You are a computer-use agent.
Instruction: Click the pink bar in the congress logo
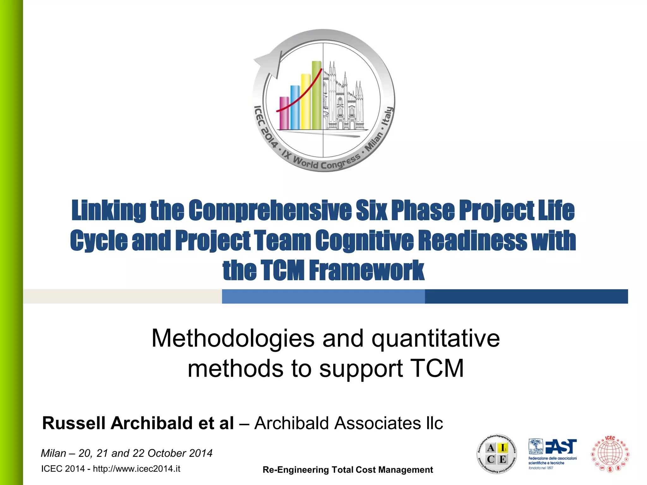284,113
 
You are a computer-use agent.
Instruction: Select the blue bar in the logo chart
295,107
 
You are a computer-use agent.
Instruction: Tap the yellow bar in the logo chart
305,102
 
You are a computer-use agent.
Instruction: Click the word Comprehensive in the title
270,210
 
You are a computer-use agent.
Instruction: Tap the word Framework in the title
366,270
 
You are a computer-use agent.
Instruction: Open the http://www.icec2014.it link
136,469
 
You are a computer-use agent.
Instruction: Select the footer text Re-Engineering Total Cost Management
348,470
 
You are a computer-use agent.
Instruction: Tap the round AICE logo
497,453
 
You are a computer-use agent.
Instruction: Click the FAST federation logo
553,453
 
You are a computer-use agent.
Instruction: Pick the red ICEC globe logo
610,454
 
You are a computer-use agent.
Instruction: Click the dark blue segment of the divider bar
526,296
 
